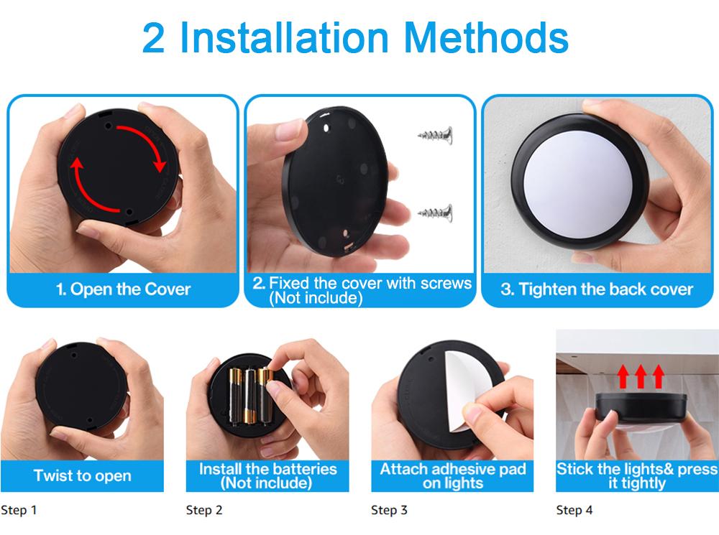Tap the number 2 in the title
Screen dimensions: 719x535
pyautogui.click(x=153, y=39)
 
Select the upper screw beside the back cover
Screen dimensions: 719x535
pyautogui.click(x=435, y=135)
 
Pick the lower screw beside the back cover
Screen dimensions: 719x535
pyautogui.click(x=435, y=213)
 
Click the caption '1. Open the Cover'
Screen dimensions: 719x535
pyautogui.click(x=123, y=289)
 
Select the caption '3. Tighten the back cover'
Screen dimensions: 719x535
pyautogui.click(x=597, y=289)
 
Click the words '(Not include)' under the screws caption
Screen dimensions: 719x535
pyautogui.click(x=316, y=298)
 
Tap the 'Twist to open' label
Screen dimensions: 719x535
pyautogui.click(x=83, y=475)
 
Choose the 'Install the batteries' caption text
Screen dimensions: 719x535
pyautogui.click(x=267, y=469)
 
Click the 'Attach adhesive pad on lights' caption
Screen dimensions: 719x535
pyautogui.click(x=452, y=476)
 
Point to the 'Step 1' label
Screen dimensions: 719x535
pyautogui.click(x=19, y=510)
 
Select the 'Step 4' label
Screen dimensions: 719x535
pyautogui.click(x=574, y=510)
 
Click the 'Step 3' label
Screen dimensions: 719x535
pyautogui.click(x=389, y=510)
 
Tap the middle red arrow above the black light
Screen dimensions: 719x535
pyautogui.click(x=641, y=376)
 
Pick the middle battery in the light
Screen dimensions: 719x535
pyautogui.click(x=250, y=396)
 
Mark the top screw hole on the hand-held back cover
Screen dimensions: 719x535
pyautogui.click(x=326, y=129)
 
